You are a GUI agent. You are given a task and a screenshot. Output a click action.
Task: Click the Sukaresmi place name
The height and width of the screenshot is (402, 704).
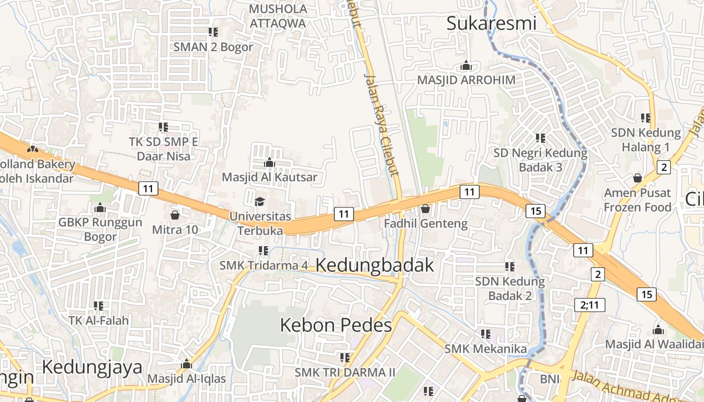click(x=491, y=23)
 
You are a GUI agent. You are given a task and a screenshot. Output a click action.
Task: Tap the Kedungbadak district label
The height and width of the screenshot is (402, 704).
click(x=375, y=265)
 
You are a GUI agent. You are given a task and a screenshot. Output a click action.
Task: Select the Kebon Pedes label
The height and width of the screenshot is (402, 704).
click(x=335, y=325)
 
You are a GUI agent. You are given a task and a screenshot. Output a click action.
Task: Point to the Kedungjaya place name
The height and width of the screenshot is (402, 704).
click(x=92, y=367)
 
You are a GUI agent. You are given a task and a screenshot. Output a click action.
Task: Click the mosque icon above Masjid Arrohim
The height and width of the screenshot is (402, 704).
click(x=466, y=66)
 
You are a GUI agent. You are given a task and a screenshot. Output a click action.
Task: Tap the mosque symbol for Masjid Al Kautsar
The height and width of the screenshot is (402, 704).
click(x=269, y=162)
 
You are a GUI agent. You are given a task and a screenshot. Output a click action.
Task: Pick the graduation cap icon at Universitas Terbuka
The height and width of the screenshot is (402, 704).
click(x=259, y=202)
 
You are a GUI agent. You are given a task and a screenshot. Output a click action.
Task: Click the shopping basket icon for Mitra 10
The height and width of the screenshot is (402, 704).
click(x=175, y=215)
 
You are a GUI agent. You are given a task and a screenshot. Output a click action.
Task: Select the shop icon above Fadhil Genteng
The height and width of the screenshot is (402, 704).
click(x=425, y=209)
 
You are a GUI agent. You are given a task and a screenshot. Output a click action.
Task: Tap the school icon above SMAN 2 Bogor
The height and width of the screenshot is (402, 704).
click(x=213, y=32)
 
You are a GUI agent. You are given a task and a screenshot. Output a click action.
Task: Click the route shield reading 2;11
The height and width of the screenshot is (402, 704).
click(x=590, y=305)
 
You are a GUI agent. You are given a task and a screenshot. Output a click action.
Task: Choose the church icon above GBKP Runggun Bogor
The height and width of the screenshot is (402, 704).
click(x=100, y=208)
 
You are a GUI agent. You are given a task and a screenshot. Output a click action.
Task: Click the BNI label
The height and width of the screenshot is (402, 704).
click(x=550, y=379)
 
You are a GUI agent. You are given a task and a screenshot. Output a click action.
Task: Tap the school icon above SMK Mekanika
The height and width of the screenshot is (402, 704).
click(x=486, y=334)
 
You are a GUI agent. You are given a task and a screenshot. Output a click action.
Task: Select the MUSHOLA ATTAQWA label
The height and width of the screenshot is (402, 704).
click(x=278, y=16)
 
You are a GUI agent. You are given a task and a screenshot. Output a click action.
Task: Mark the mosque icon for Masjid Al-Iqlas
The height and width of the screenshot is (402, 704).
click(x=187, y=364)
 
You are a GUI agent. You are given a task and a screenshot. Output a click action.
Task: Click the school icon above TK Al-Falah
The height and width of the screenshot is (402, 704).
click(x=99, y=306)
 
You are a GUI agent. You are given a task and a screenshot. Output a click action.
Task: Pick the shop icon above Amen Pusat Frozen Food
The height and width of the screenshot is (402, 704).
click(x=638, y=178)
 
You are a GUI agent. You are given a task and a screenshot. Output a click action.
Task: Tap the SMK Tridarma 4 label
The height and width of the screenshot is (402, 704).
click(x=263, y=265)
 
